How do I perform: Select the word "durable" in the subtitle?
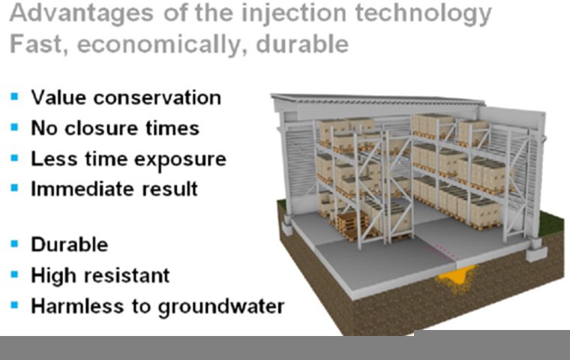[x=302, y=43]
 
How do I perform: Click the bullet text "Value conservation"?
[x=125, y=97]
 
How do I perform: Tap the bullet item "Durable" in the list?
[x=69, y=244]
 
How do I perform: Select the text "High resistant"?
[x=100, y=275]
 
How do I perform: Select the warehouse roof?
[x=405, y=103]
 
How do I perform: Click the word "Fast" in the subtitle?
[x=31, y=43]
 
